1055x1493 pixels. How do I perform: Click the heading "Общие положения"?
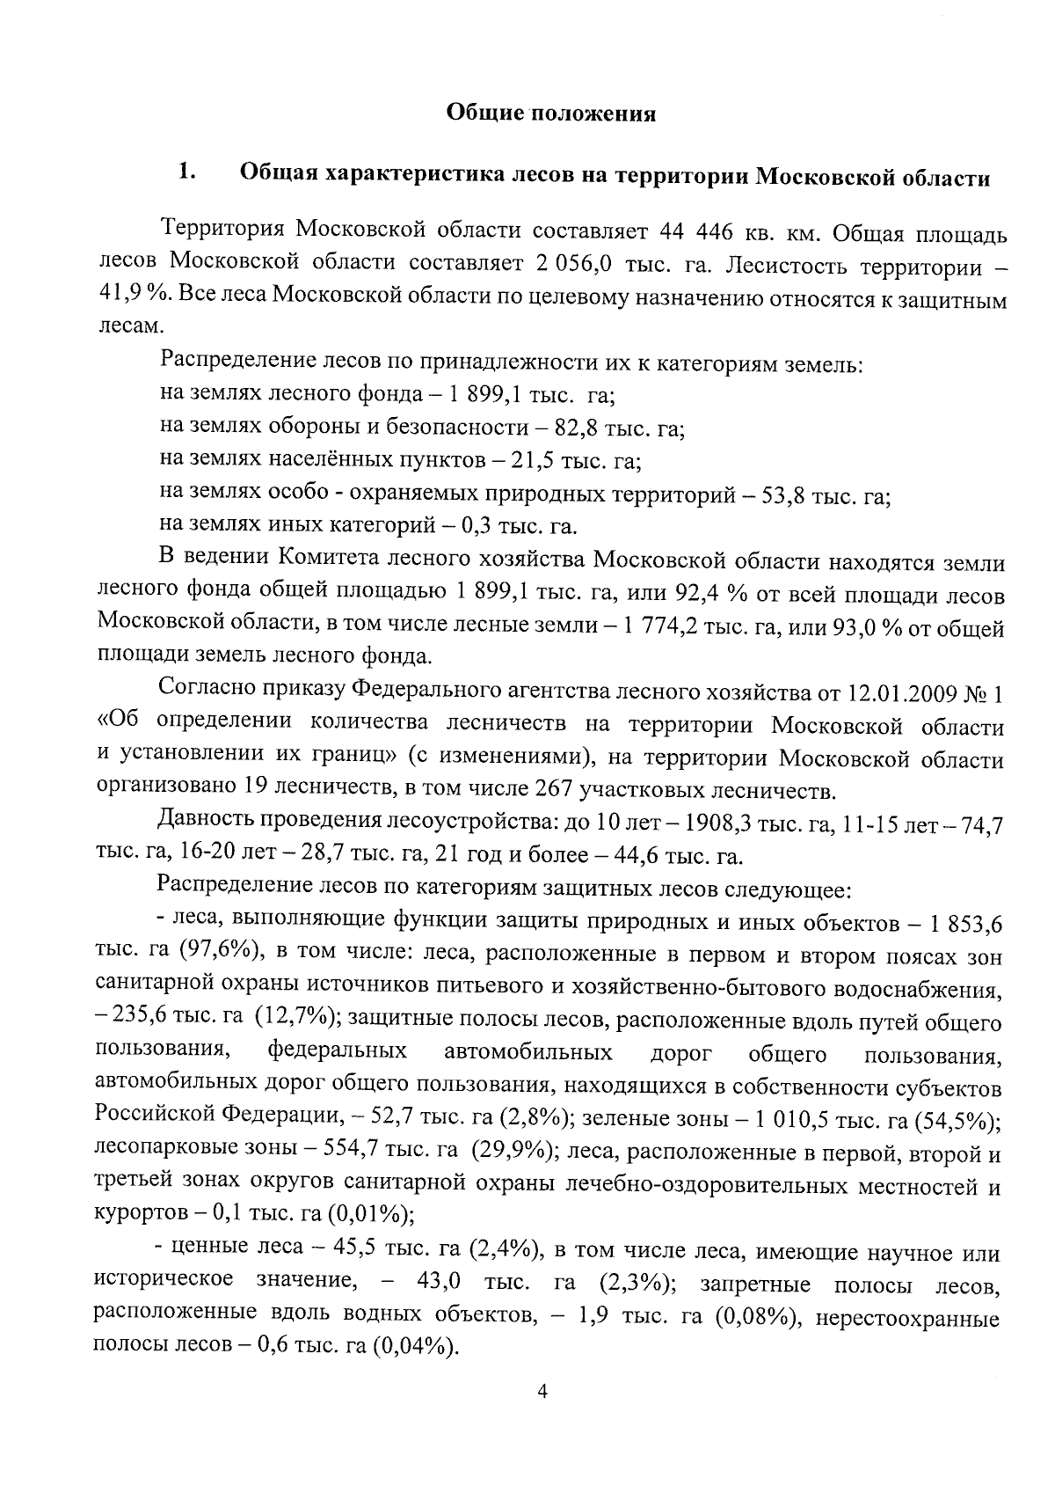coord(551,113)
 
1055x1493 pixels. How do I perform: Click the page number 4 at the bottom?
coord(542,1391)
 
